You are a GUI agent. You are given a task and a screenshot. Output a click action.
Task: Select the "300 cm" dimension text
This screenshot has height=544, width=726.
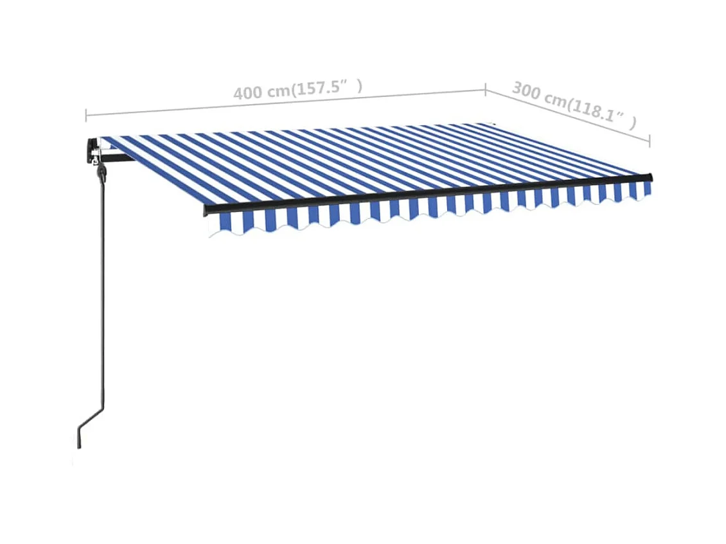[538, 94]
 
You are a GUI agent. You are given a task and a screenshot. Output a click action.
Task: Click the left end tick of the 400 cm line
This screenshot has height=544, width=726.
[86, 116]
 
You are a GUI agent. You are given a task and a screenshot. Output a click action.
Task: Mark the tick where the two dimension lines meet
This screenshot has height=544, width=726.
[486, 88]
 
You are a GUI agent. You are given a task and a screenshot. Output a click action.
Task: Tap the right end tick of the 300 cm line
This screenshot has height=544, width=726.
[650, 140]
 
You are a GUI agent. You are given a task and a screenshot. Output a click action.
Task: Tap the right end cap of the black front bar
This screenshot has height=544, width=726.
[650, 177]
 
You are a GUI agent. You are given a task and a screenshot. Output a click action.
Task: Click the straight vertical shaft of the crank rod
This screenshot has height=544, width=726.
[98, 289]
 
